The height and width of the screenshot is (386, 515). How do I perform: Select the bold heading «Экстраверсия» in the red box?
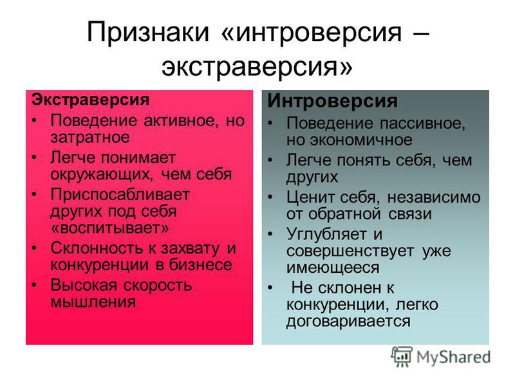click(90, 99)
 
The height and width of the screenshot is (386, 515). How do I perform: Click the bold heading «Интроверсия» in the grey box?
click(332, 101)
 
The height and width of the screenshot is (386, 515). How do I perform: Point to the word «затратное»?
click(90, 137)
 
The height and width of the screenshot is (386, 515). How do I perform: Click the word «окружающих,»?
click(102, 174)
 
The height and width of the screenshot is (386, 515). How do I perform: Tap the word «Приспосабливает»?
click(120, 195)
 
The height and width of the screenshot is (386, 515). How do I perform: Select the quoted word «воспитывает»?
click(110, 228)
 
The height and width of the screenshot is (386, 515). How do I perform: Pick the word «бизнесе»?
click(200, 264)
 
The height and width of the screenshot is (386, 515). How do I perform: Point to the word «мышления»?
click(93, 302)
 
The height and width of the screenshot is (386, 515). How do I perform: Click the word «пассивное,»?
click(422, 124)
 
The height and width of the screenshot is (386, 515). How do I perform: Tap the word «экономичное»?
click(361, 140)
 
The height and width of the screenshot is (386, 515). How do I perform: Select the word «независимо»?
click(434, 198)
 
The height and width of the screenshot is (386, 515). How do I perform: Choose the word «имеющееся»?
click(333, 268)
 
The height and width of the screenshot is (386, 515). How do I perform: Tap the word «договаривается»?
click(348, 321)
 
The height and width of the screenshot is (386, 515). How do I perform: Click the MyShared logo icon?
click(402, 357)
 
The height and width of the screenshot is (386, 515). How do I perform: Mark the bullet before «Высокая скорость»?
click(34, 285)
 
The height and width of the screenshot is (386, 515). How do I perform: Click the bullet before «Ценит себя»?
click(270, 198)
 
